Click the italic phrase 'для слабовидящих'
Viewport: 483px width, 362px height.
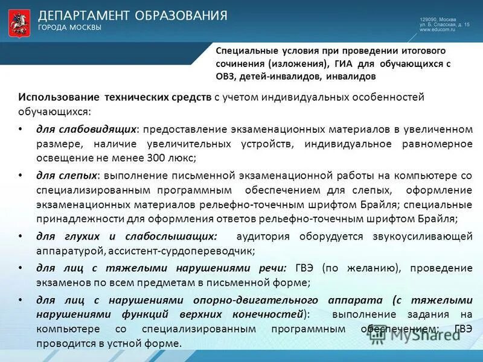(87, 129)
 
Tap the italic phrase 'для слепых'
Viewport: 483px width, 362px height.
(67, 176)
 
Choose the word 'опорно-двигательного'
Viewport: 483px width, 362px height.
(248, 300)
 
